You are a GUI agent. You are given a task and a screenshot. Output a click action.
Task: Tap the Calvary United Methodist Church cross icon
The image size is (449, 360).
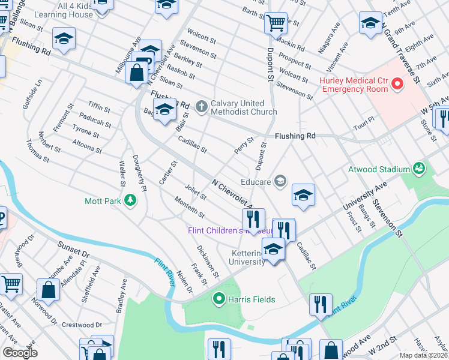(201, 107)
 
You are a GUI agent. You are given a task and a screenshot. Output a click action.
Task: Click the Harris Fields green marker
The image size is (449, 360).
(219, 299)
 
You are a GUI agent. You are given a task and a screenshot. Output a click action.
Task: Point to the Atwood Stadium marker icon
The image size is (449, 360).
(419, 169)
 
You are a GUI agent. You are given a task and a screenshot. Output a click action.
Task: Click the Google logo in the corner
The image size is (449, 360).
(20, 353)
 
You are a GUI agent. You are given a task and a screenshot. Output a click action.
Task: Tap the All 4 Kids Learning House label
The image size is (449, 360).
(68, 10)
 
